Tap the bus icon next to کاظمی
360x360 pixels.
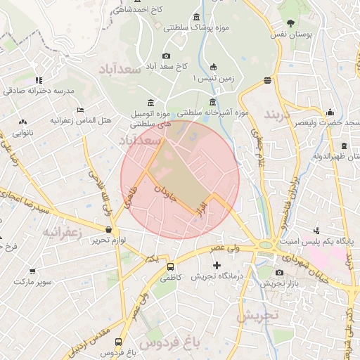170,266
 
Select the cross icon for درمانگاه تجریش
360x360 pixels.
217,266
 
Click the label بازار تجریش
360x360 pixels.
273,284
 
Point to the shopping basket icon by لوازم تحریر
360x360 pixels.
108,229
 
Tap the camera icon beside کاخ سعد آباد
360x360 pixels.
166,56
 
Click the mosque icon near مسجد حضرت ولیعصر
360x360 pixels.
330,111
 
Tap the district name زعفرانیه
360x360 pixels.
62,231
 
